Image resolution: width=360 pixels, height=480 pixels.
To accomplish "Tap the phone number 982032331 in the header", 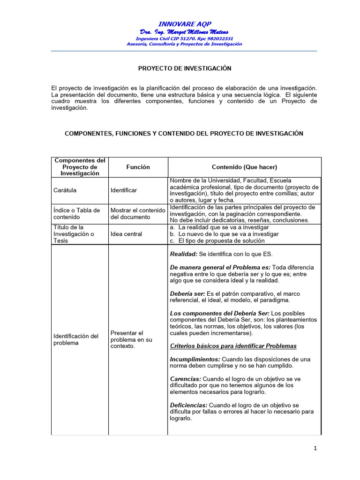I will [217, 38].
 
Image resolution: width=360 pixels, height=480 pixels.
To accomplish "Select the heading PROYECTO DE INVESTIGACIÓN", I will [185, 68].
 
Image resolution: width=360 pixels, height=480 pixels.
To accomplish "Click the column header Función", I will [138, 167].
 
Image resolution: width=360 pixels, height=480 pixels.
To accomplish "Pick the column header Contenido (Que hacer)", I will [244, 167].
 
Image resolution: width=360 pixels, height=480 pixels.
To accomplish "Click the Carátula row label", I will [65, 190].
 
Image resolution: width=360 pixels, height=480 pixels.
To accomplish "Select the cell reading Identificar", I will [124, 190].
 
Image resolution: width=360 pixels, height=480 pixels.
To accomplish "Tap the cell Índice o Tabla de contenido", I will [76, 214].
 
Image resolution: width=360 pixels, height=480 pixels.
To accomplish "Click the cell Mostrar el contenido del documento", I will [136, 214].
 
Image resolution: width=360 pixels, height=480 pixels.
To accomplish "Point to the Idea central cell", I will [126, 234].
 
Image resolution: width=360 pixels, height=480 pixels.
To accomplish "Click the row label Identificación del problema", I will [76, 339].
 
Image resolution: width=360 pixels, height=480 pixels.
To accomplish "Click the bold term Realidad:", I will [183, 254].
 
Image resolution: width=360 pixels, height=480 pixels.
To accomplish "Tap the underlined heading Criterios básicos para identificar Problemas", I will [233, 346].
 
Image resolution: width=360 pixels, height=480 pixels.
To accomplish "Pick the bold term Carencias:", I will [186, 379].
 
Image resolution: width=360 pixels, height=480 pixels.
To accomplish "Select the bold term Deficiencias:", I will [189, 405].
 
